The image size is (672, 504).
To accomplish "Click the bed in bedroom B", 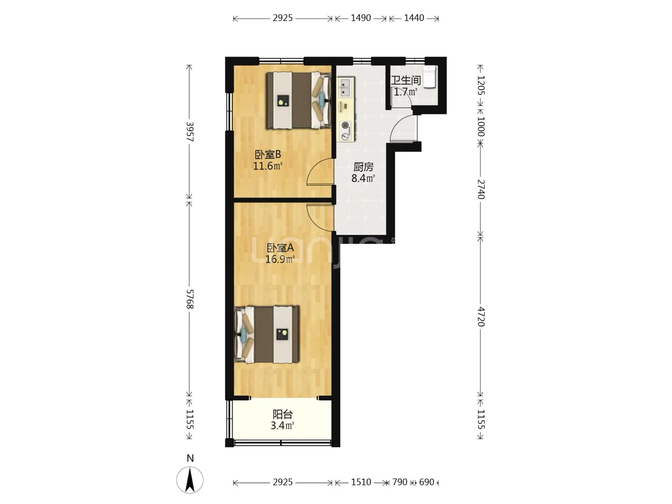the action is (299, 100).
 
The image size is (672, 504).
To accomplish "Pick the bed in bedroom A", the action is (266, 335).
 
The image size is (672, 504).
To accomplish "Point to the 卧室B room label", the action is (268, 154).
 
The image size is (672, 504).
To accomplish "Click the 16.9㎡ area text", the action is (280, 259).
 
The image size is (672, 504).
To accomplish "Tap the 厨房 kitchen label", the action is (364, 167).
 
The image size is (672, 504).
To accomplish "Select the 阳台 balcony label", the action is (283, 414).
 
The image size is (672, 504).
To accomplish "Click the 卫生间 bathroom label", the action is (406, 80).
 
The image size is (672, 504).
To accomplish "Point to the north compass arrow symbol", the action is (190, 480).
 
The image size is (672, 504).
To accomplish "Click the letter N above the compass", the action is (190, 458).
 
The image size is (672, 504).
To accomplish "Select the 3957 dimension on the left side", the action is (190, 132).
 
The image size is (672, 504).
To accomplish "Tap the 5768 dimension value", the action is (190, 299).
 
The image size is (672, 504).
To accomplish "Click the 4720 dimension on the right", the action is (481, 316).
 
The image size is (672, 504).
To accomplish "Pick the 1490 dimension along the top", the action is (361, 18).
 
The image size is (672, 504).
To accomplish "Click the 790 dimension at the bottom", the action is (399, 482).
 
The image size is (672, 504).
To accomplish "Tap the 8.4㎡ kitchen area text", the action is (364, 178).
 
